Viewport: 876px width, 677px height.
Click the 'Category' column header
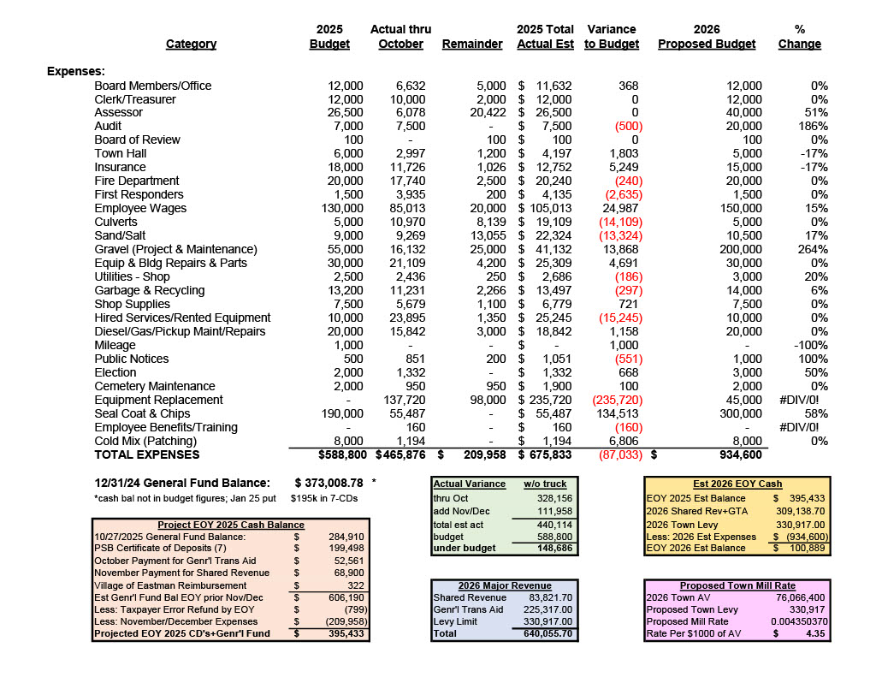[x=191, y=44]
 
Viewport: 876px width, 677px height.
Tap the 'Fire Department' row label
[x=137, y=181]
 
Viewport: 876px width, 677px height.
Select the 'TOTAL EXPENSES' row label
[x=146, y=454]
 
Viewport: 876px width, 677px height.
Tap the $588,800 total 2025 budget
[x=334, y=454]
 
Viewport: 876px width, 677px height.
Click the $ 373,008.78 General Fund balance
[x=329, y=483]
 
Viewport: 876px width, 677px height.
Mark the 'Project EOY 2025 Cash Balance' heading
[x=231, y=525]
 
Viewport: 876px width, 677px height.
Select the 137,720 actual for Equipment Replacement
[x=400, y=400]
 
